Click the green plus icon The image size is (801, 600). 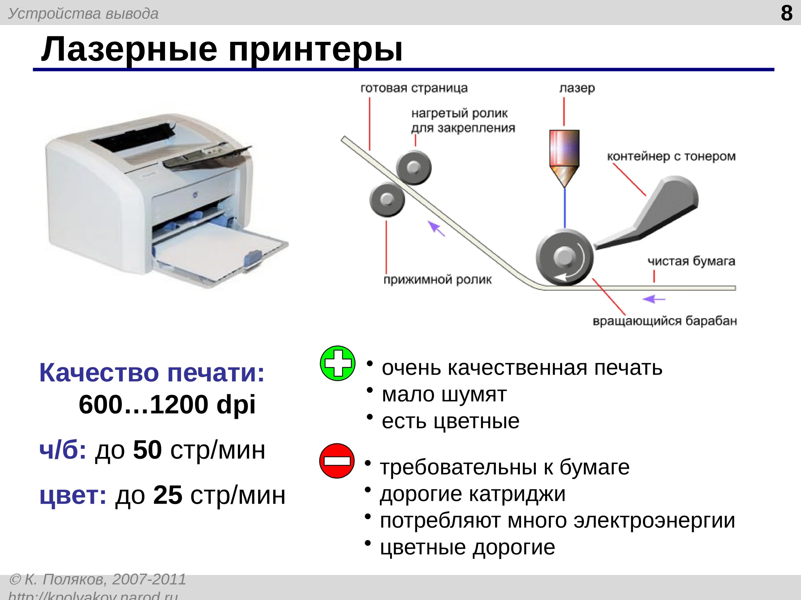[337, 363]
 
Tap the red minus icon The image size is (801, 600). [337, 461]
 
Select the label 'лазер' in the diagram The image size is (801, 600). [577, 88]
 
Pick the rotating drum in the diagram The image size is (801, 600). [564, 258]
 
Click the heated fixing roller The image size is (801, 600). [414, 168]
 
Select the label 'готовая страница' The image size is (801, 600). [414, 88]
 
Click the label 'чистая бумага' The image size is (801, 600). [691, 261]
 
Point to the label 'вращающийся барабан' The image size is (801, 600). [665, 321]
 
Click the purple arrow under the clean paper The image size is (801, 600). [654, 299]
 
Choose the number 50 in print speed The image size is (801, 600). [147, 450]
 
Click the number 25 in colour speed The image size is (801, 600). [167, 495]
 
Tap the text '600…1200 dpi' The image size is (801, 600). [167, 404]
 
